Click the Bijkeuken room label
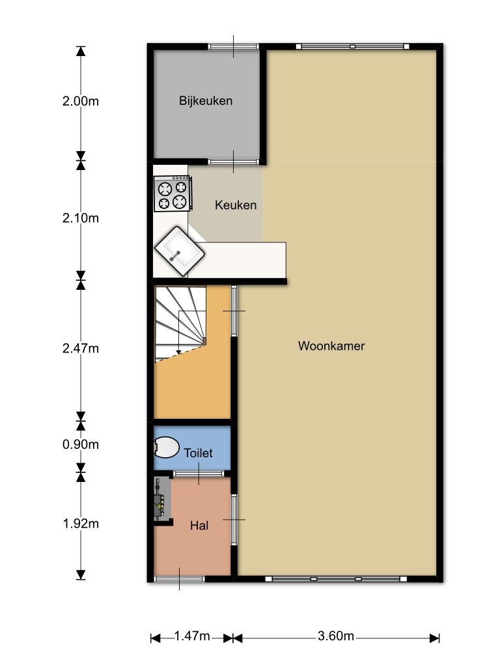[205, 101]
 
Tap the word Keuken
[236, 205]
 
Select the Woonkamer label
[331, 346]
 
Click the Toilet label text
[198, 453]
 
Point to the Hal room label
[199, 526]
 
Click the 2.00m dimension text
[80, 101]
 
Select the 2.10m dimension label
[80, 218]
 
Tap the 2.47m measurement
[80, 348]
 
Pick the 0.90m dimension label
[80, 444]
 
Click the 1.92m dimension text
[80, 524]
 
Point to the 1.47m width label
[192, 636]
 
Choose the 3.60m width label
[335, 636]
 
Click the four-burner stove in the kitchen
[173, 193]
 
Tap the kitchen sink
[180, 251]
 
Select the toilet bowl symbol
[166, 447]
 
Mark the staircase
[180, 323]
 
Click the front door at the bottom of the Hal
[179, 578]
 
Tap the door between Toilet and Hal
[199, 474]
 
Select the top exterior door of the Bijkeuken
[234, 46]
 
